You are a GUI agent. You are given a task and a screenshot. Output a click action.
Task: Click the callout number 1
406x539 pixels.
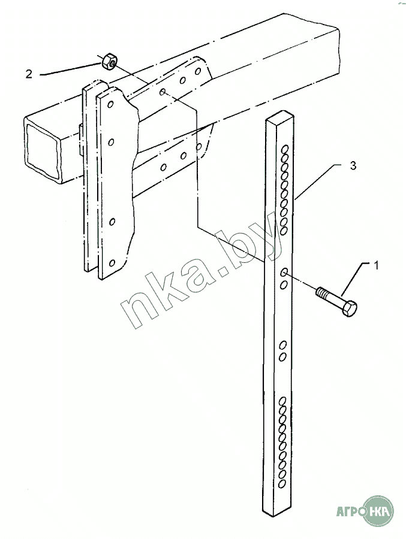[377, 265]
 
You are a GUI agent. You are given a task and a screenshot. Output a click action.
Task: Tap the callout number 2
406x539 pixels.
[29, 74]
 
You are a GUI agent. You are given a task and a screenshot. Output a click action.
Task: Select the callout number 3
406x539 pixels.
[353, 166]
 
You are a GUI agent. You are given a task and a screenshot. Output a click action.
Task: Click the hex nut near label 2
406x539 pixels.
[110, 60]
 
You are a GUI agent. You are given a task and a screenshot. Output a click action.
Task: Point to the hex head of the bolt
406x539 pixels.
[350, 308]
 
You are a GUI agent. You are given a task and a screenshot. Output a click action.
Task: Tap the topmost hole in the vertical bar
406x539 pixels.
[285, 149]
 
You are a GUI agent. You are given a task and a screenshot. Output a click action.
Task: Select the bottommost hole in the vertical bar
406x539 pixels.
[282, 484]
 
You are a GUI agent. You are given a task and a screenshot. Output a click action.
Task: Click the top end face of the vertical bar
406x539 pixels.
[280, 116]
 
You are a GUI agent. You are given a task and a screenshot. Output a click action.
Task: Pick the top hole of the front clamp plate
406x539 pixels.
[110, 104]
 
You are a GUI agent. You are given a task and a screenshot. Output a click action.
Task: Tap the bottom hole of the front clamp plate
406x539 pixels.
[112, 263]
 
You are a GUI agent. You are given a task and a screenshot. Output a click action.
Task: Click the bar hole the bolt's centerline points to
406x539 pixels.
[285, 273]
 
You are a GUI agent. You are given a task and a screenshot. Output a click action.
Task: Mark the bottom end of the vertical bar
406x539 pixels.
[278, 512]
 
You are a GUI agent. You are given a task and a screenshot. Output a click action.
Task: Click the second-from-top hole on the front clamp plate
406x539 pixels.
[111, 141]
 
